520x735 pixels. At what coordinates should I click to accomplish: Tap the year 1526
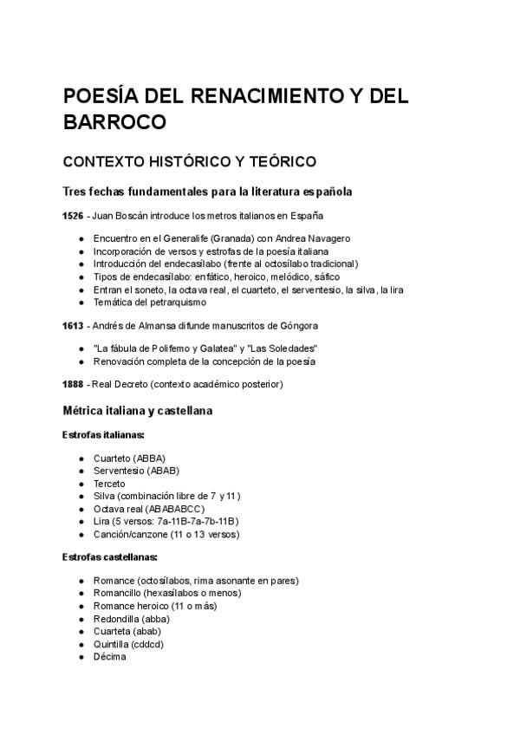(74, 215)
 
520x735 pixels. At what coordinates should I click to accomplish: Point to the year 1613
(74, 326)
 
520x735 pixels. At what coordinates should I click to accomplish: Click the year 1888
(74, 384)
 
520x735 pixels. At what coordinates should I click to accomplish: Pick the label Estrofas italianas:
(103, 434)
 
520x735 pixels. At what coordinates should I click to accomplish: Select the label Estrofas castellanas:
(109, 556)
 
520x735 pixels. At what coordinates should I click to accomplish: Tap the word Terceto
(109, 484)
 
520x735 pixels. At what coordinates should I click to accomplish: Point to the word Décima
(109, 657)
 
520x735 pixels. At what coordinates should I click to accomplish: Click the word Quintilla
(112, 644)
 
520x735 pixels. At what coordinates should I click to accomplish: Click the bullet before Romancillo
(81, 593)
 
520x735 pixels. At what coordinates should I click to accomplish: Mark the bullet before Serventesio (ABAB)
(81, 471)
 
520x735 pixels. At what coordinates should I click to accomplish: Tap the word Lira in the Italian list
(102, 521)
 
